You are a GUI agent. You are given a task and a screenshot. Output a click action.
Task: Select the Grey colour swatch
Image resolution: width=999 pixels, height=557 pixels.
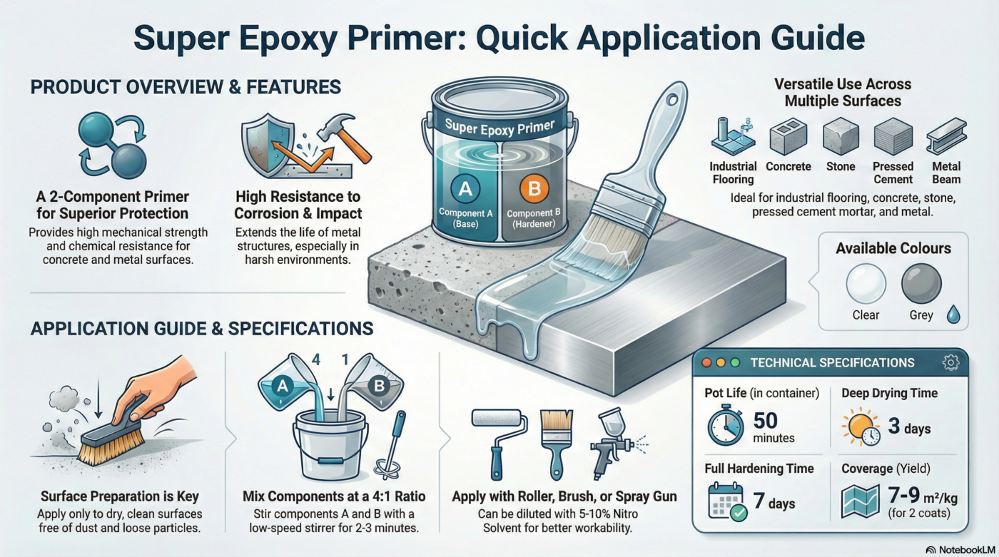[921, 284]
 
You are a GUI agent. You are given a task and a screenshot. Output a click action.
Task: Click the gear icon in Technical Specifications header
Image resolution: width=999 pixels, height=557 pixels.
[950, 362]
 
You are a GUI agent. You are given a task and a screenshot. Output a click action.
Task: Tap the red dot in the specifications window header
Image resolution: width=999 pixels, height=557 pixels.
[707, 363]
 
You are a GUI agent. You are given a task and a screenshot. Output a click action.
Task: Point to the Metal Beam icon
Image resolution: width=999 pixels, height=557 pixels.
[945, 137]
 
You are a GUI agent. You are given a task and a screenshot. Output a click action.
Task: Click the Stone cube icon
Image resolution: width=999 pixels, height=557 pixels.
[840, 137]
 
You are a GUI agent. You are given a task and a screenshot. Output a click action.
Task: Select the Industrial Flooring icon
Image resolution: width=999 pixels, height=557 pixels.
[733, 136]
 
